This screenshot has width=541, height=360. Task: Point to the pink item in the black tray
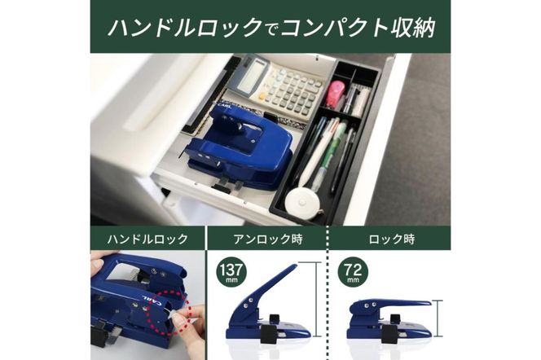pyautogui.click(x=335, y=93)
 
